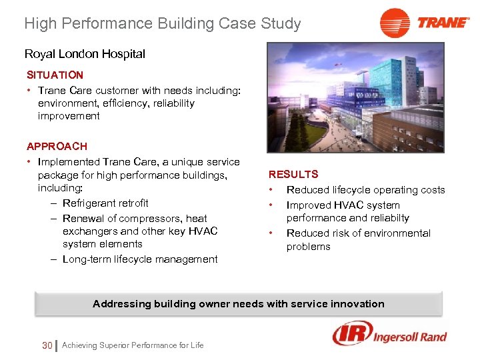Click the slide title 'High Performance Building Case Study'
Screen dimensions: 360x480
(x=162, y=24)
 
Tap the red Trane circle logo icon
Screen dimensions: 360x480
(x=394, y=23)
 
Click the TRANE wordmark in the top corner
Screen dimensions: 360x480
(x=443, y=23)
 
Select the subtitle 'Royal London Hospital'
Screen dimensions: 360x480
(x=85, y=54)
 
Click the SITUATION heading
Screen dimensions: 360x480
(x=55, y=75)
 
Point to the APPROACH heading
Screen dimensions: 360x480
(x=57, y=146)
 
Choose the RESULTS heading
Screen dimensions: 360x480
(x=293, y=174)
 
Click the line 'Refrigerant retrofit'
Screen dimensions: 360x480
(x=105, y=203)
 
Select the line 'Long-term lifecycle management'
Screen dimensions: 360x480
(x=140, y=259)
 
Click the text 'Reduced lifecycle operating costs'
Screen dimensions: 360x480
(x=365, y=190)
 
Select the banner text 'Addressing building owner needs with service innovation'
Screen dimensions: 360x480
(x=239, y=304)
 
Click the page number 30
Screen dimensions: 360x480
(x=47, y=345)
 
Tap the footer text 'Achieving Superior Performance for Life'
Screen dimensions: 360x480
(x=133, y=345)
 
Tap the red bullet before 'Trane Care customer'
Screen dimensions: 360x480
(x=30, y=90)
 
